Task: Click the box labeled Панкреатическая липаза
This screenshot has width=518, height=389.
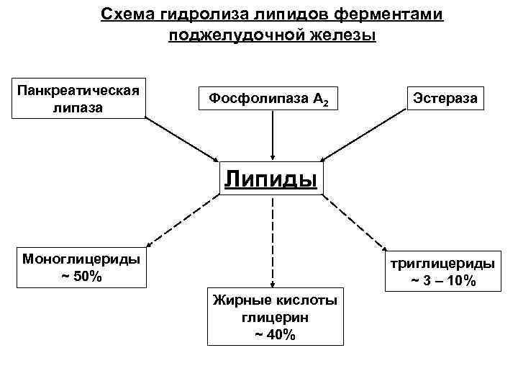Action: pyautogui.click(x=78, y=98)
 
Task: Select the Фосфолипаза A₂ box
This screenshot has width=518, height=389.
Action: pyautogui.click(x=272, y=98)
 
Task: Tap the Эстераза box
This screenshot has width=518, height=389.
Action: pyautogui.click(x=445, y=96)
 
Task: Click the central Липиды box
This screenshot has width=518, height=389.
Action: pyautogui.click(x=271, y=178)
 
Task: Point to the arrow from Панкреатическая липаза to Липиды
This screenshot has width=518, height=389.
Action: pyautogui.click(x=183, y=138)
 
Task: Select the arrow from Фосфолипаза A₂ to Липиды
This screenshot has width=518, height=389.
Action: pyautogui.click(x=272, y=137)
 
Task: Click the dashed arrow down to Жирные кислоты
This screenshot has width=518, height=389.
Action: pyautogui.click(x=272, y=241)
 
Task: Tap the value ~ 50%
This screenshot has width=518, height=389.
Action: pyautogui.click(x=81, y=276)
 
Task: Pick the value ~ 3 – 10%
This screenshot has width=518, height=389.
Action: pyautogui.click(x=443, y=280)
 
